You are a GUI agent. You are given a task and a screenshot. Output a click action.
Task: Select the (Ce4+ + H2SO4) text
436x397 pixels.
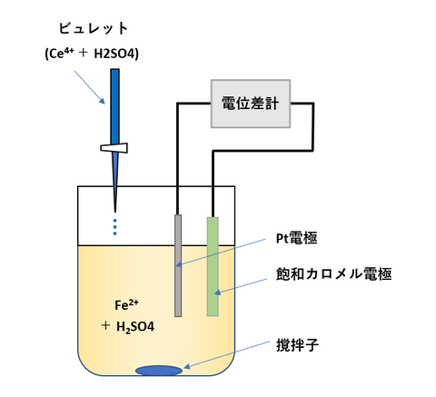(92, 54)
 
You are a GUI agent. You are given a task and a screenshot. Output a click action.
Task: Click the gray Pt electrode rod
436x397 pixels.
(178, 264)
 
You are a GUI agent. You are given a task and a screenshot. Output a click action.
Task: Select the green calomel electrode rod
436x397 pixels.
(213, 266)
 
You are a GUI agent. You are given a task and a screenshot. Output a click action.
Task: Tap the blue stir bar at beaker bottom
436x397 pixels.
(158, 369)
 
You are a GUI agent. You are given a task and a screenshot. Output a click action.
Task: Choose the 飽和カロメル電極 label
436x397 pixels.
(333, 273)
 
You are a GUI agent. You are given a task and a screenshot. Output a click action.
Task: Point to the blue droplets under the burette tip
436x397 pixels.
(115, 226)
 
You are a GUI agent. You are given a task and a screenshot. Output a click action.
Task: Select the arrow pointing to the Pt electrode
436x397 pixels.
(227, 252)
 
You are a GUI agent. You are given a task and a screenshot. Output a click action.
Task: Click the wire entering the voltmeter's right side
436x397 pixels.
(305, 104)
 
